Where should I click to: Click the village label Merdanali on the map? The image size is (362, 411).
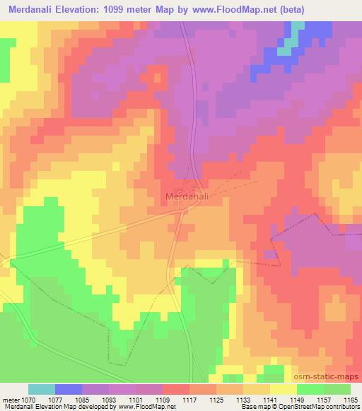pyautogui.click(x=186, y=197)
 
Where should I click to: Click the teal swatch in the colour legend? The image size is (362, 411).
pyautogui.click(x=42, y=389)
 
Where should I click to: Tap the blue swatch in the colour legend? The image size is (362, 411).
pyautogui.click(x=69, y=389)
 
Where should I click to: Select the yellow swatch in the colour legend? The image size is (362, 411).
pyautogui.click(x=284, y=389)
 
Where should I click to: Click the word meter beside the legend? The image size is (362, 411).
pyautogui.click(x=12, y=399)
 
